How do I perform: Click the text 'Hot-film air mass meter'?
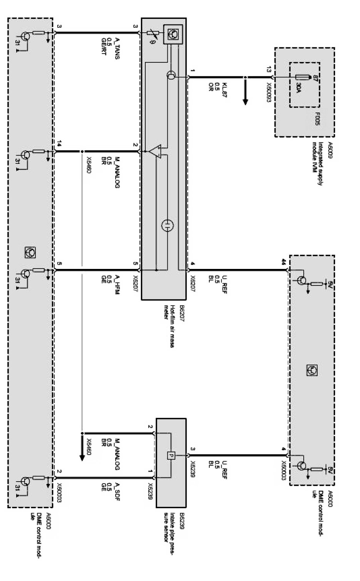(170, 326)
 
